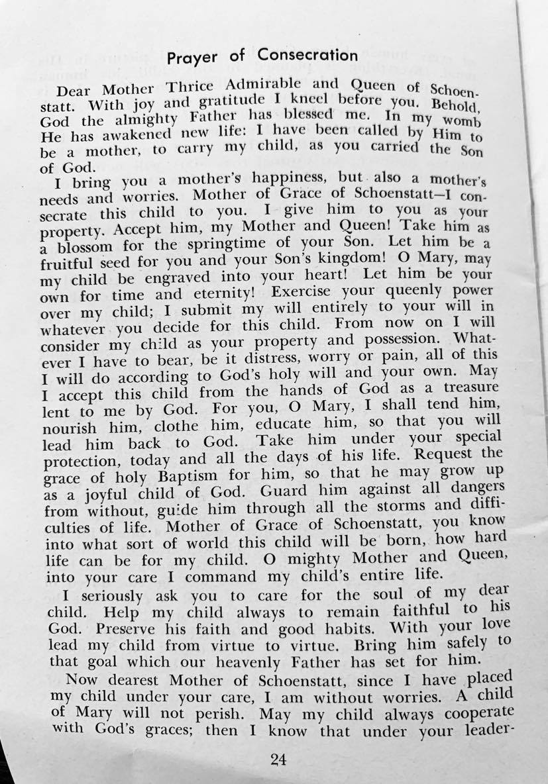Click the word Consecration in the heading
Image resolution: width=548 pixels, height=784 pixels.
308,54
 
